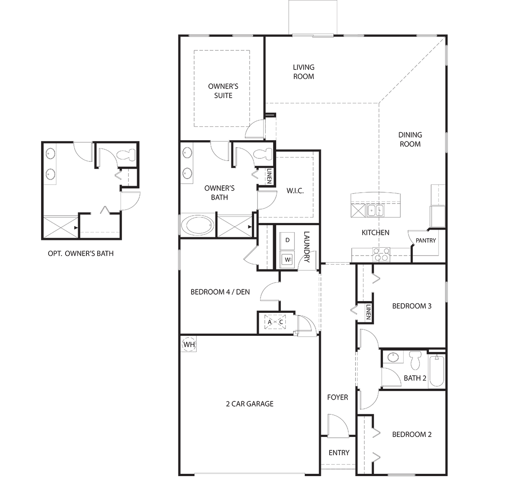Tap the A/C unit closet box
[275, 322]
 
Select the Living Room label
[303, 72]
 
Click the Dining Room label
[410, 139]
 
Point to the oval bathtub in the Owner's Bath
[198, 226]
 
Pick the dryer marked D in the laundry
[287, 240]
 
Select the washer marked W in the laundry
[287, 259]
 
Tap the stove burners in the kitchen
[381, 254]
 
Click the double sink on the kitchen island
[375, 211]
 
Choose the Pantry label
[426, 240]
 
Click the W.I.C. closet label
[295, 191]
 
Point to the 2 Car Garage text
[250, 404]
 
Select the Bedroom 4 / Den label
[220, 292]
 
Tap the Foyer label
[337, 397]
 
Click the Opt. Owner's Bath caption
[81, 253]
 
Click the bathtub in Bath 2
[436, 371]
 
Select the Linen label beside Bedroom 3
[368, 312]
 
